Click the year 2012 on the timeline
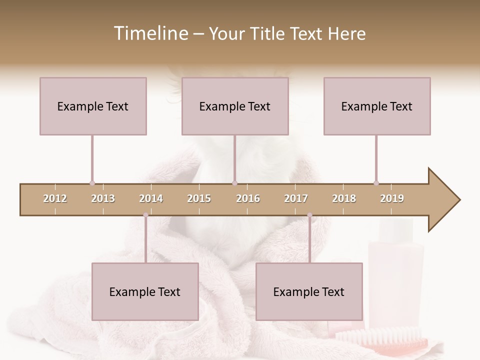pos(55,198)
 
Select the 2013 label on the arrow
pos(103,198)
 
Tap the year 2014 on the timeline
pos(151,198)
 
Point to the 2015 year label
pos(199,198)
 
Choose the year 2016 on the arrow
pos(248,198)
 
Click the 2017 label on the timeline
pos(296,198)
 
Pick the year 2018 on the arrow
pos(344,198)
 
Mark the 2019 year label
pos(392,198)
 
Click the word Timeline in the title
pos(150,33)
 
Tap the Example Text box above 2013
pos(93,106)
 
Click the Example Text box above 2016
pos(235,106)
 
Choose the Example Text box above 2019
pos(377,106)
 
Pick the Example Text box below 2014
pos(145,291)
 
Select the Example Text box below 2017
pos(309,291)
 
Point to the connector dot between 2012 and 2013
pos(92,183)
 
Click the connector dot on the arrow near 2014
pos(145,215)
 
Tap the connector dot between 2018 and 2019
pos(376,183)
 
